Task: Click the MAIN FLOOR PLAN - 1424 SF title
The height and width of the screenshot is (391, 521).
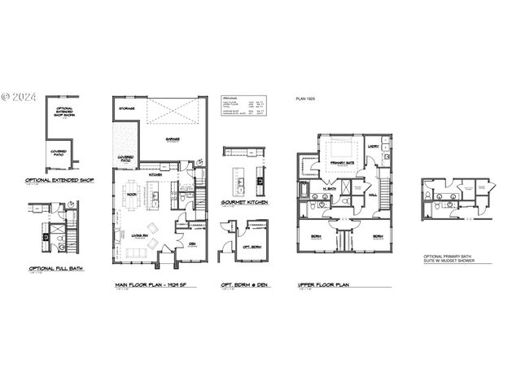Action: click(151, 285)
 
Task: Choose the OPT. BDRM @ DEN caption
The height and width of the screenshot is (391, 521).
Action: click(243, 285)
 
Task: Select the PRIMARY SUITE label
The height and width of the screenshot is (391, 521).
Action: click(339, 164)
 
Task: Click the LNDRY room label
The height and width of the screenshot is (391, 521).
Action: click(373, 147)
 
